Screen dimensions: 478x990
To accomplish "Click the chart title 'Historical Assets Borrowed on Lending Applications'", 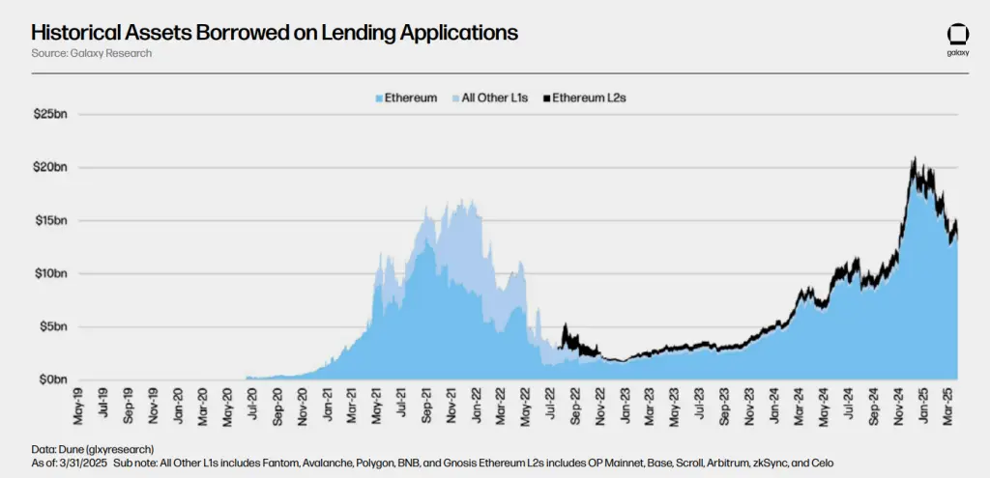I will tap(275, 32).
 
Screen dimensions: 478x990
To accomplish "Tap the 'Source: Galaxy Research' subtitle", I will tap(91, 53).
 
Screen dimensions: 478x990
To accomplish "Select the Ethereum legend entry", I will tap(405, 98).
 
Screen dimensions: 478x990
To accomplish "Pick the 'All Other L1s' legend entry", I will tap(491, 98).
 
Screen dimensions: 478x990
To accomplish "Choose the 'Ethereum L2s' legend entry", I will tap(585, 98).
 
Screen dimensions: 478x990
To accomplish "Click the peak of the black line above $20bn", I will tap(912, 158).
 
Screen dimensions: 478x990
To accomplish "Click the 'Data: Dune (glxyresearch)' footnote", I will tap(92, 449).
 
